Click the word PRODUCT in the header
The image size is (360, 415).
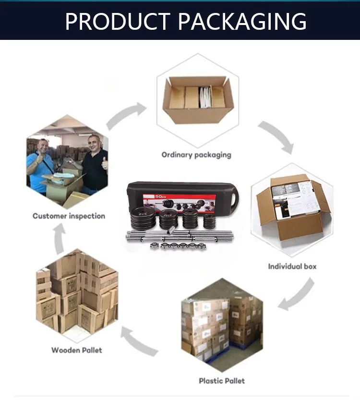(x=117, y=21)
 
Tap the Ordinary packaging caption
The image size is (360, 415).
(x=196, y=155)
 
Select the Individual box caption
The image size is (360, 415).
(x=292, y=266)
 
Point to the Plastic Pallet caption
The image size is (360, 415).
(x=222, y=381)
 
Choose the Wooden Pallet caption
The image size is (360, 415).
(x=77, y=350)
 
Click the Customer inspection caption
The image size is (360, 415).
(x=69, y=216)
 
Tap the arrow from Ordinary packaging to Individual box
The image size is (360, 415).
(x=276, y=137)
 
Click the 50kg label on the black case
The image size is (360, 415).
(x=160, y=196)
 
